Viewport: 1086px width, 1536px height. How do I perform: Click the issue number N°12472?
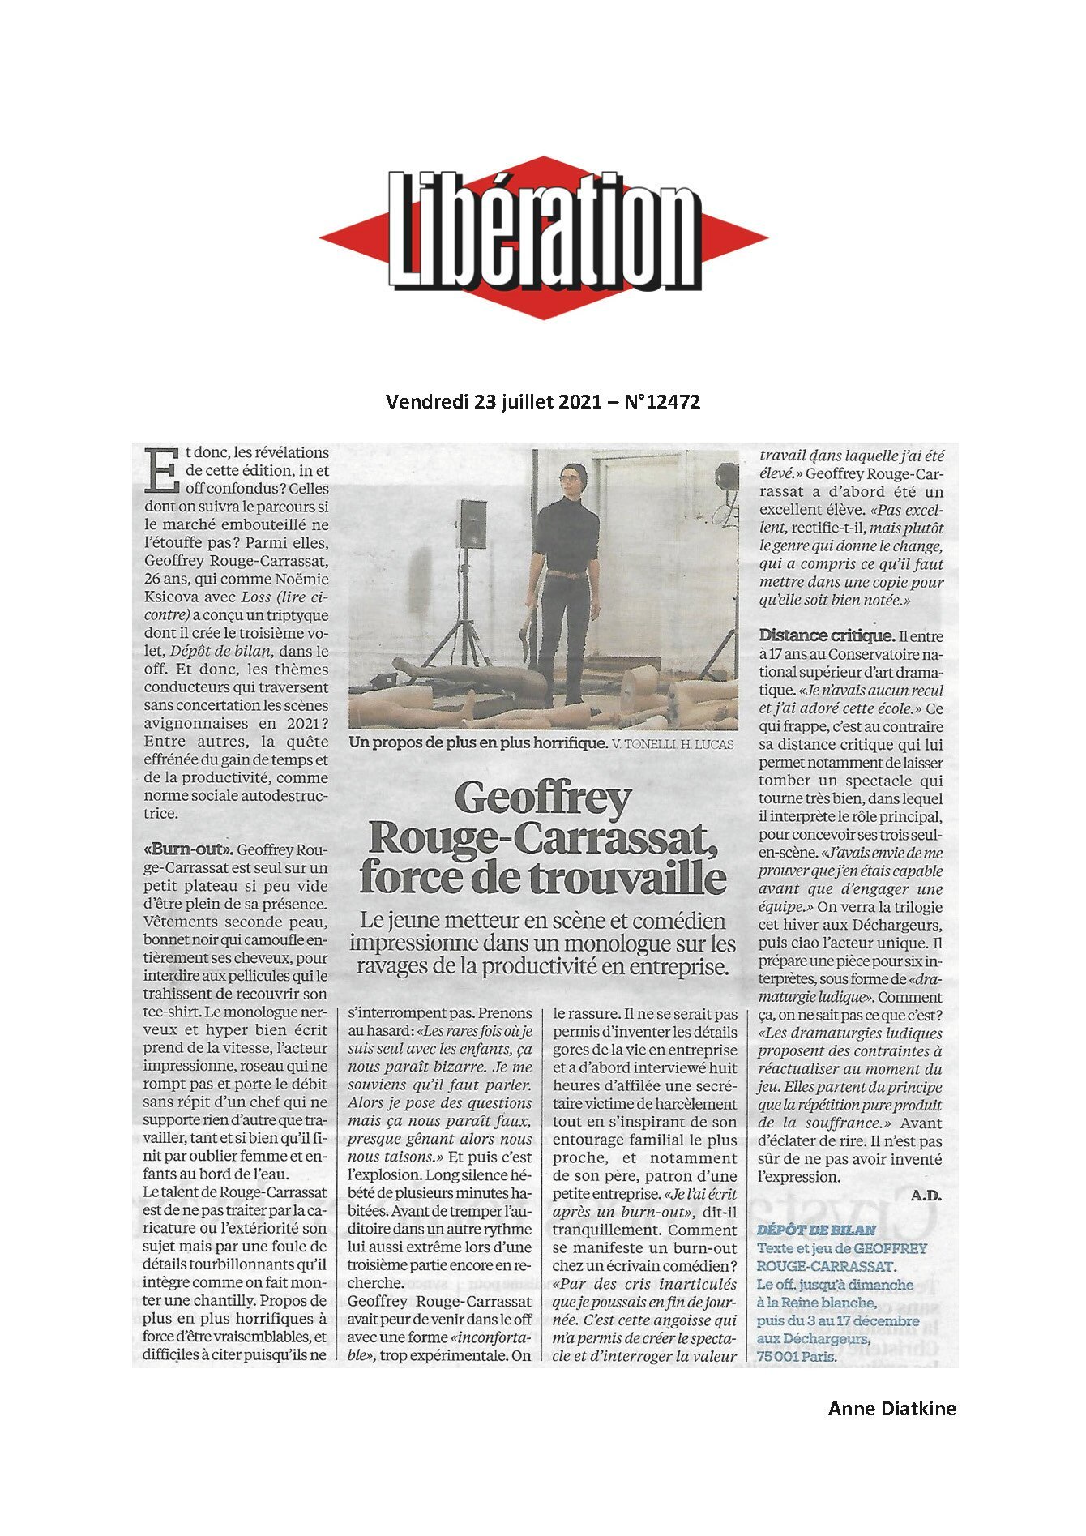click(x=662, y=401)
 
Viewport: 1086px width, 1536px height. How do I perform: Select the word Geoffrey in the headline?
click(x=542, y=799)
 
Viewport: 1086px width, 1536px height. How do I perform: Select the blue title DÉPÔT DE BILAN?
click(x=816, y=1230)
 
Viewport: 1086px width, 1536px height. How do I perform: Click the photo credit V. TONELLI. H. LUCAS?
click(x=673, y=744)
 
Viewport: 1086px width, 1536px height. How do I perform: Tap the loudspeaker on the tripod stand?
click(x=472, y=524)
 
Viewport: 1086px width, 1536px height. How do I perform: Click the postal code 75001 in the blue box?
click(x=780, y=1355)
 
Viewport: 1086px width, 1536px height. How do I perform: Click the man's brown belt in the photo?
click(x=565, y=575)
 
